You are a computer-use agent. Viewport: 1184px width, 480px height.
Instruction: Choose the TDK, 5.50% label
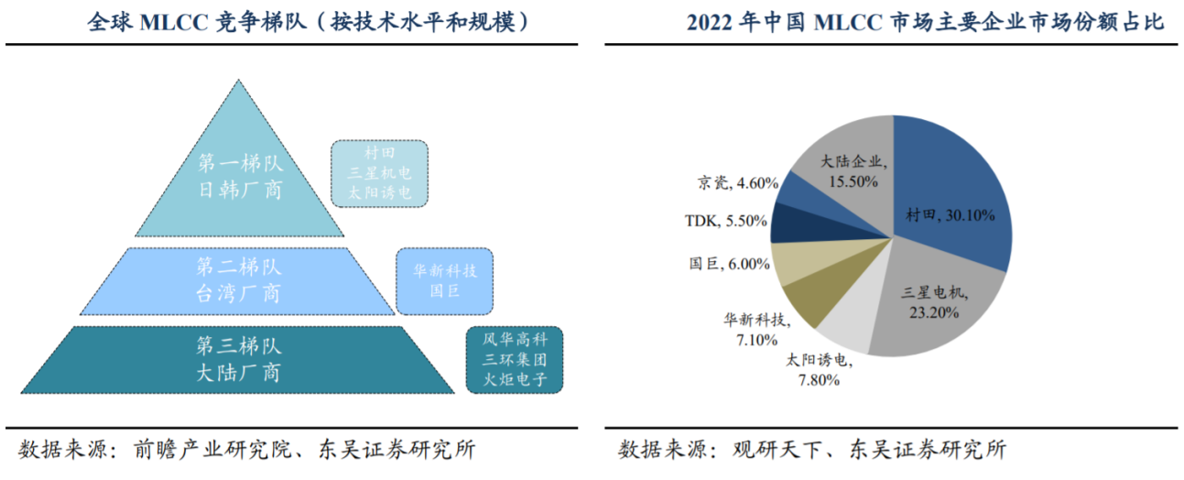[x=723, y=221]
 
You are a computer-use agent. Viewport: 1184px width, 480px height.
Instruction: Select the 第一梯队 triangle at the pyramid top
[x=240, y=179]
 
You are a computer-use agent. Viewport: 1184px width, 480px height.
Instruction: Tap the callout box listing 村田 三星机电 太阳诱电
[x=380, y=172]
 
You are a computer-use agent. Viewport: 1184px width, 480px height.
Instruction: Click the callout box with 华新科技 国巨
[x=444, y=280]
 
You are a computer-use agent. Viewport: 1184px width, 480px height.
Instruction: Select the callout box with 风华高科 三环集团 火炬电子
[x=515, y=359]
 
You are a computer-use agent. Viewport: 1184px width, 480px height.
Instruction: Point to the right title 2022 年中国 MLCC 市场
[x=925, y=22]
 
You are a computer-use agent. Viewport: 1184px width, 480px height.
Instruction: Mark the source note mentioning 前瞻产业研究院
[x=247, y=450]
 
